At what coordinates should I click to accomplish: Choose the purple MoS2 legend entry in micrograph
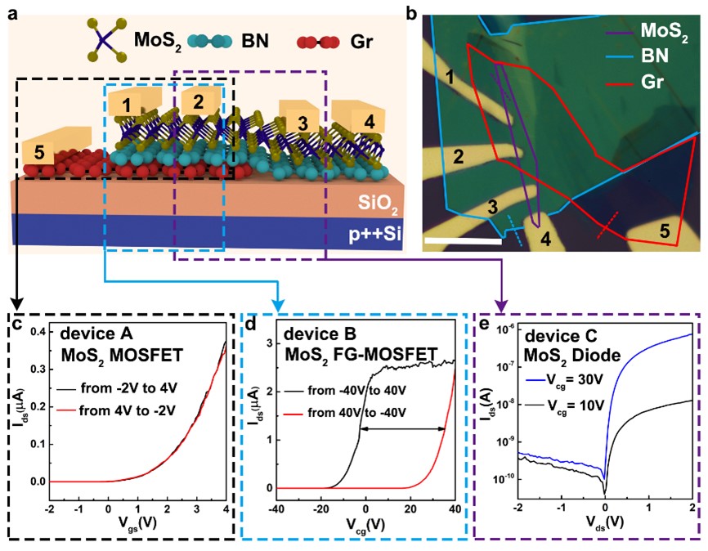click(662, 33)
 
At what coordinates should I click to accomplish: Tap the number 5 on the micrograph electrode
click(665, 232)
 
